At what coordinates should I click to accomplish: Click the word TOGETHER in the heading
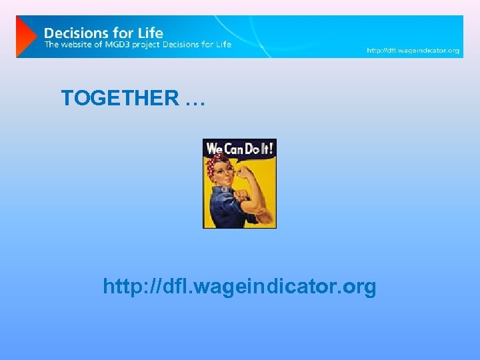point(120,98)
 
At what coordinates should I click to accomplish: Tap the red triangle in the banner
point(25,37)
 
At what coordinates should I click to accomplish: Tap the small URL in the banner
point(413,50)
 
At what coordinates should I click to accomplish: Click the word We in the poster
point(213,148)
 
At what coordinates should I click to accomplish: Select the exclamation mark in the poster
point(271,148)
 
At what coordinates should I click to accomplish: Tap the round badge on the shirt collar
point(225,190)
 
